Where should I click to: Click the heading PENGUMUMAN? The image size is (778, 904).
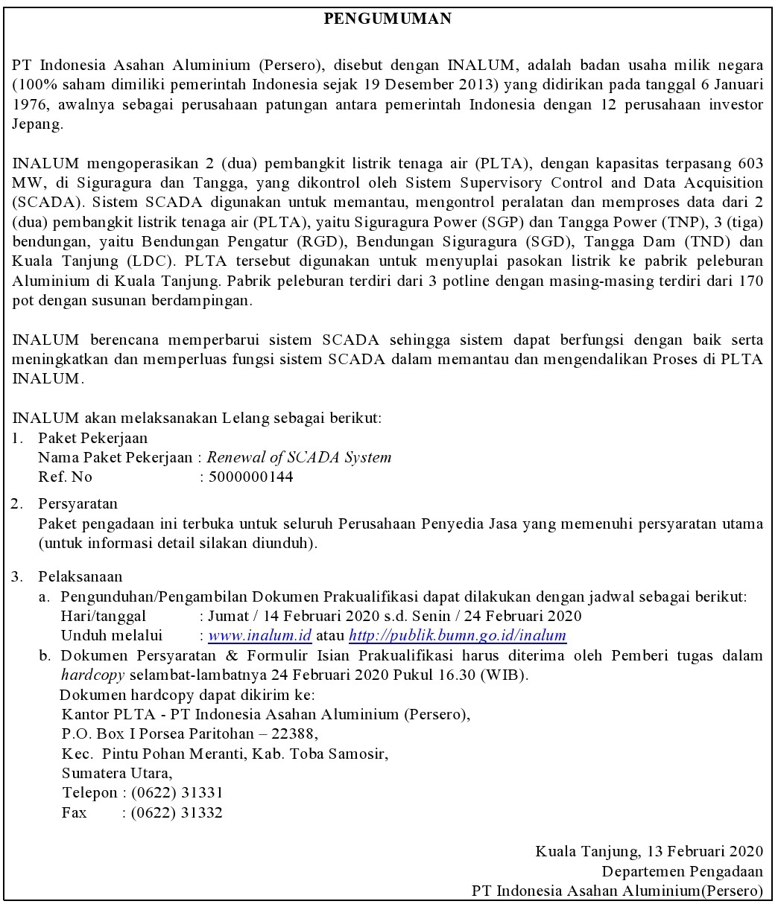388,19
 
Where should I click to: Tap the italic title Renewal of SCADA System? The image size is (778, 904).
299,458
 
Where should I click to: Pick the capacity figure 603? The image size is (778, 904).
748,163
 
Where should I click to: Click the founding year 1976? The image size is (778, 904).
31,104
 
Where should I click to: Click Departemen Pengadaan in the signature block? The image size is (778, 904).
682,871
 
